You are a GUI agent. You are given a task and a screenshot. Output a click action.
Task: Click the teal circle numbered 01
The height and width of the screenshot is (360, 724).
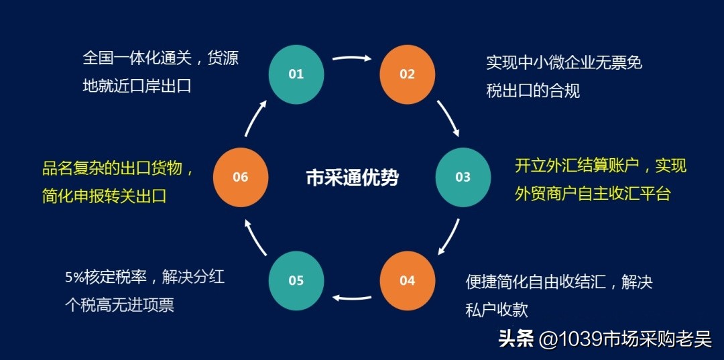coord(296,74)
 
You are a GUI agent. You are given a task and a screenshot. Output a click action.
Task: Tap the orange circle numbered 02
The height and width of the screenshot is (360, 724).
coord(408,74)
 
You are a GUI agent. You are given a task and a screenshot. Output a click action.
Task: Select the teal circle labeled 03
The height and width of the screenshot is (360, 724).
coord(463,177)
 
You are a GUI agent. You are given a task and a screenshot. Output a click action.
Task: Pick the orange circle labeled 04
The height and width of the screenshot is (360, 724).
coord(408,280)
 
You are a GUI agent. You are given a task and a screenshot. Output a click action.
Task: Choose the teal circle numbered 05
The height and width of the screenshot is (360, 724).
coord(296,280)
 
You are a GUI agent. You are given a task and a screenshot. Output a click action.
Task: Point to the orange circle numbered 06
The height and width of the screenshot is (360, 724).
coord(241,177)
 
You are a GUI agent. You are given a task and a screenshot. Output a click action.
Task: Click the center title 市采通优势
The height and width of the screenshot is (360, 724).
coord(352,178)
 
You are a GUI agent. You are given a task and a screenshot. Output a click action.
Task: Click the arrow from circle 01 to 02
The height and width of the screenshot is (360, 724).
coord(352,58)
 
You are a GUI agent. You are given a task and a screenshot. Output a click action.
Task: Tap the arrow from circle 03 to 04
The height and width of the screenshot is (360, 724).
coord(449,237)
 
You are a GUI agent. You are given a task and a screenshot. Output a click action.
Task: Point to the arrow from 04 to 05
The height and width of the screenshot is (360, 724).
coord(352,297)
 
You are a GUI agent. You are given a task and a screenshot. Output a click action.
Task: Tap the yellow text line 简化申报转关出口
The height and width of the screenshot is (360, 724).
coord(104,196)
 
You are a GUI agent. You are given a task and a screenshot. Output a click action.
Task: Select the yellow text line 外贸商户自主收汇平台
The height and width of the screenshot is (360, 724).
coord(593,194)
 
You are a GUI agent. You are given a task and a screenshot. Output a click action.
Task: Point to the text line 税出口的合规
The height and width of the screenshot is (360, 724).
coord(533,91)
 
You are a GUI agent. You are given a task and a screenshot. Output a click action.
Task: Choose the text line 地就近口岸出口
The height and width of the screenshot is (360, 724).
coord(137,86)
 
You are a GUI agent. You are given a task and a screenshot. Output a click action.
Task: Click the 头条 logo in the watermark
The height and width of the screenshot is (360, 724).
coord(516,339)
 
